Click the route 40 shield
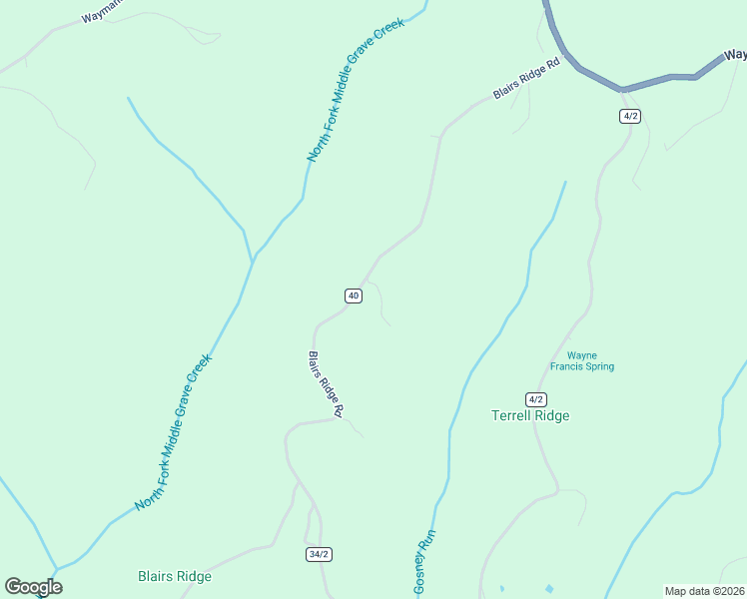coord(353,296)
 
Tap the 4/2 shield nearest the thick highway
coord(629,116)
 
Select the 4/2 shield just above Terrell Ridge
coord(536,398)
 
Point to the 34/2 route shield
coord(318,554)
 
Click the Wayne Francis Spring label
coord(590,360)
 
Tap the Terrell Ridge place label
coord(530,416)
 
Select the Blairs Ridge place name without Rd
coord(175,576)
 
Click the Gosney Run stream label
coord(425,561)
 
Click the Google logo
coord(33,587)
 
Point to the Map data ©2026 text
coord(704,591)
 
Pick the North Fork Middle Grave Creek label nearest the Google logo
coord(174,433)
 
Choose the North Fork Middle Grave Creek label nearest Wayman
coord(356,90)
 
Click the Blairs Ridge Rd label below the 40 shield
coord(326,384)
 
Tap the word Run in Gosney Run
coord(431,539)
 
